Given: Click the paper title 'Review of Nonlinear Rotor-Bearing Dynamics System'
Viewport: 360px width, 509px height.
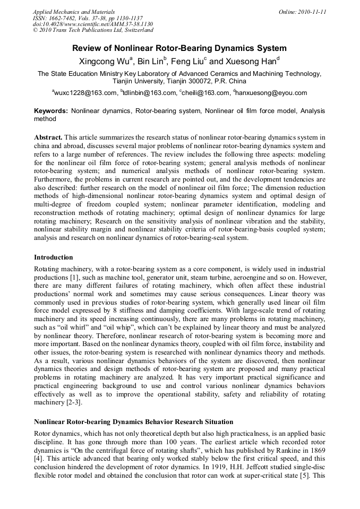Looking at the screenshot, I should pos(179,48).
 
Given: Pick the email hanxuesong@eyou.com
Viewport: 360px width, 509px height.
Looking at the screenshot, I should pos(271,93).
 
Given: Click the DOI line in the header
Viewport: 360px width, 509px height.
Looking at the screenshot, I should pos(93,24).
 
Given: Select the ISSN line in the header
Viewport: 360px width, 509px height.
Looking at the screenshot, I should pos(88,18).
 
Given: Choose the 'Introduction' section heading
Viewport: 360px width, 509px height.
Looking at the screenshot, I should pos(54,257).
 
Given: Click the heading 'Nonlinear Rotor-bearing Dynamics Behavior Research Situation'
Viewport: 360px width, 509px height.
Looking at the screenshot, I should pos(133,422).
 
